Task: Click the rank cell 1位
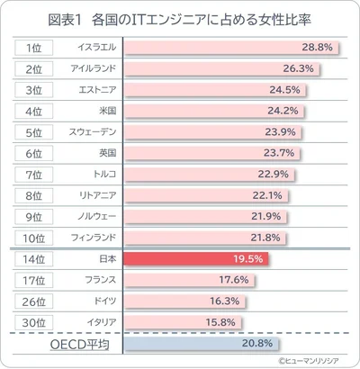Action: pos(34,46)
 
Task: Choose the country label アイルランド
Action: pos(90,67)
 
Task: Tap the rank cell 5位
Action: pos(34,131)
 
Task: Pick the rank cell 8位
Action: pos(34,194)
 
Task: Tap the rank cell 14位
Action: pos(34,258)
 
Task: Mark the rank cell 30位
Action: pos(34,321)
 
